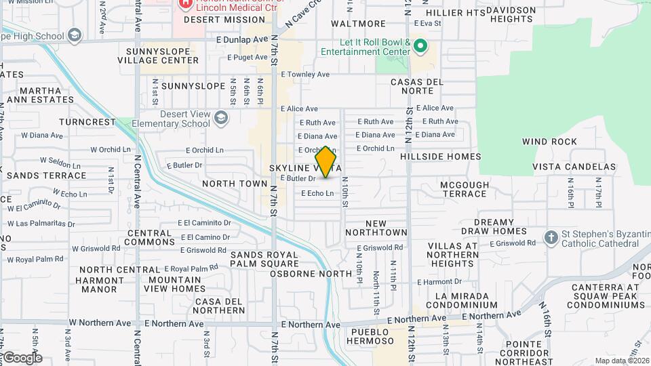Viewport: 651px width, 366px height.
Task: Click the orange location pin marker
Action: (325, 163)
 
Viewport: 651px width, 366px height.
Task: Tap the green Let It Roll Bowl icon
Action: (420, 47)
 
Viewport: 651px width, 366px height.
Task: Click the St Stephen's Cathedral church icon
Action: (551, 238)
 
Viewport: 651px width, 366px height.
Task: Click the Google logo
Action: (22, 358)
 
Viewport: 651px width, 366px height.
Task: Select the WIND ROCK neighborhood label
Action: (549, 142)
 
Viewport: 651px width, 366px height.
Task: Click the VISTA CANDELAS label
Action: (574, 167)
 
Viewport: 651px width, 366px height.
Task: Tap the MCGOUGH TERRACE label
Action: (464, 188)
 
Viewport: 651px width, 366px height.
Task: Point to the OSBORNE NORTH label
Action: (311, 274)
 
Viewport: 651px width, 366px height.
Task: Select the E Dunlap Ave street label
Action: (240, 40)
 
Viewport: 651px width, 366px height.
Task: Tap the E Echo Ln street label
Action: (317, 193)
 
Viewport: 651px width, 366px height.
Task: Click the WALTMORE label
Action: (349, 23)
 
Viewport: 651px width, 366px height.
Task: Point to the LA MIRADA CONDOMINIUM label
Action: (462, 300)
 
